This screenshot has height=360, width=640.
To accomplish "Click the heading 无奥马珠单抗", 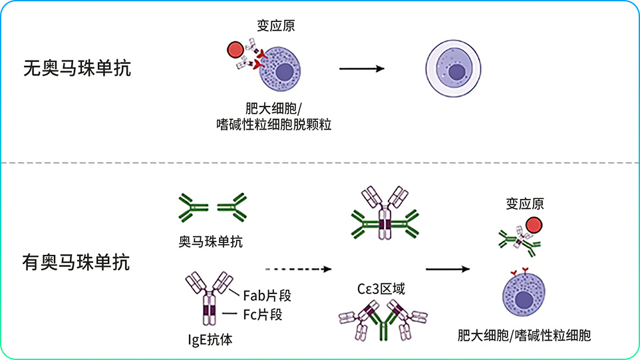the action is click(x=77, y=68).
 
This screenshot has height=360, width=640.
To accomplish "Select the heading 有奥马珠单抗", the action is click(x=77, y=262).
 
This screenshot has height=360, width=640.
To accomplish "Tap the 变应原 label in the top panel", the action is click(x=276, y=26).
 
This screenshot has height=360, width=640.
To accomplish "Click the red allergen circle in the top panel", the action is click(x=236, y=50).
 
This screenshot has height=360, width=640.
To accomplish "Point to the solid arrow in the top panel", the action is click(x=362, y=69).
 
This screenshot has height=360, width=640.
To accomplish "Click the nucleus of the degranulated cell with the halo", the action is click(x=457, y=73).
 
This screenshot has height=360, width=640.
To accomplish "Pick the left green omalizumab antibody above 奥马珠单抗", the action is click(x=193, y=208).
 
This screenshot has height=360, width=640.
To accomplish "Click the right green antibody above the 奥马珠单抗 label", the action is click(x=232, y=208).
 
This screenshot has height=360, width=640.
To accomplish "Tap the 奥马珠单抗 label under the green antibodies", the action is click(x=211, y=242).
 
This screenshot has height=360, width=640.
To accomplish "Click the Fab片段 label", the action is click(x=267, y=295).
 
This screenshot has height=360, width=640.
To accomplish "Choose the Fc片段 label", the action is click(x=263, y=315).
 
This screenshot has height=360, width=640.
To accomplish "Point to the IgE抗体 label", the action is click(x=210, y=339).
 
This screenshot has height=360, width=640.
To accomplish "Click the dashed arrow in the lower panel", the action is click(x=298, y=269).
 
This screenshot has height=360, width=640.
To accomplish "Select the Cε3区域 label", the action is click(x=381, y=289).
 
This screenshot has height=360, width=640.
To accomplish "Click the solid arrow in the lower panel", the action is click(x=448, y=269).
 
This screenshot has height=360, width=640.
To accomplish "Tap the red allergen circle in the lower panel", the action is click(x=534, y=226).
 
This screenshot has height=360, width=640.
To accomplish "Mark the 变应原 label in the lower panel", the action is click(x=525, y=204).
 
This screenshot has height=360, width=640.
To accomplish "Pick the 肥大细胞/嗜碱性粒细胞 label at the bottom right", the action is click(x=524, y=335).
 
